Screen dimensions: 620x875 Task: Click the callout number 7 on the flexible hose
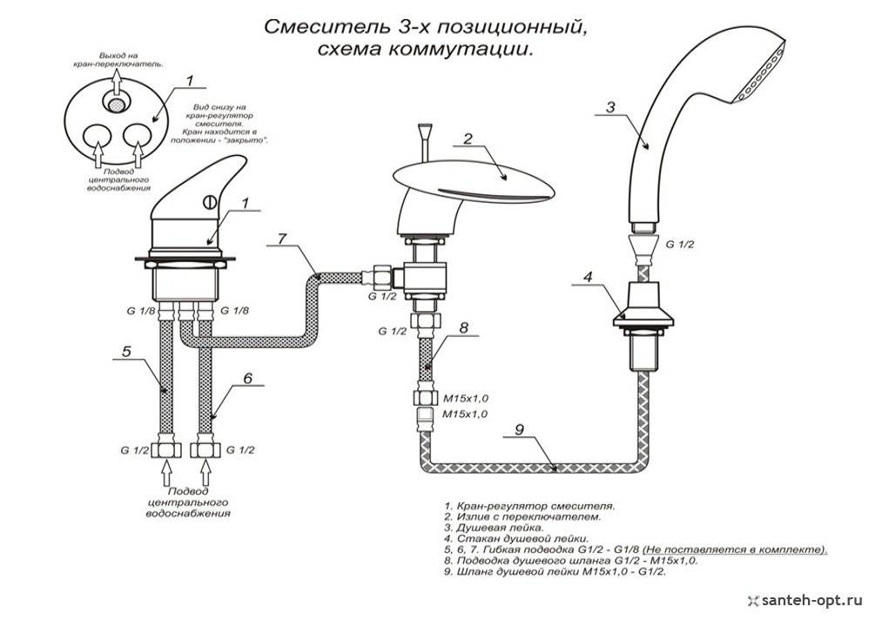click(x=281, y=239)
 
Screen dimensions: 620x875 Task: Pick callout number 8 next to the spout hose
click(x=463, y=328)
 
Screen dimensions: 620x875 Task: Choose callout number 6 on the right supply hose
click(x=247, y=379)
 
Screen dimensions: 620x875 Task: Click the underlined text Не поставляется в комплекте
click(x=734, y=550)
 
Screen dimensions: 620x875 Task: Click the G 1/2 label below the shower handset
click(x=679, y=246)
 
